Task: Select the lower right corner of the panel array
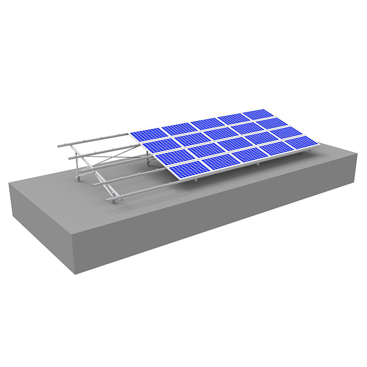click(318, 145)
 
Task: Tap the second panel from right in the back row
click(232, 119)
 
